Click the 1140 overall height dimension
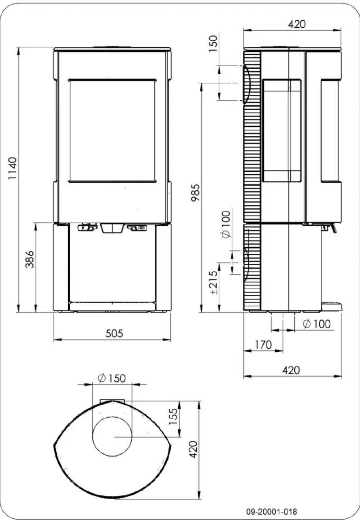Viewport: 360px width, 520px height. (x=12, y=169)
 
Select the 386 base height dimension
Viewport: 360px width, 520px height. (x=30, y=259)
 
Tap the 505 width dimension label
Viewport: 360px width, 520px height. (x=114, y=334)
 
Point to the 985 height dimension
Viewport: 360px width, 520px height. (x=195, y=193)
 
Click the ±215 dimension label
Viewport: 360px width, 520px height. (x=214, y=282)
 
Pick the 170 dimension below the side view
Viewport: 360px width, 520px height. (x=263, y=345)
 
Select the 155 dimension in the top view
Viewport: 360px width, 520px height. (x=173, y=417)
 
